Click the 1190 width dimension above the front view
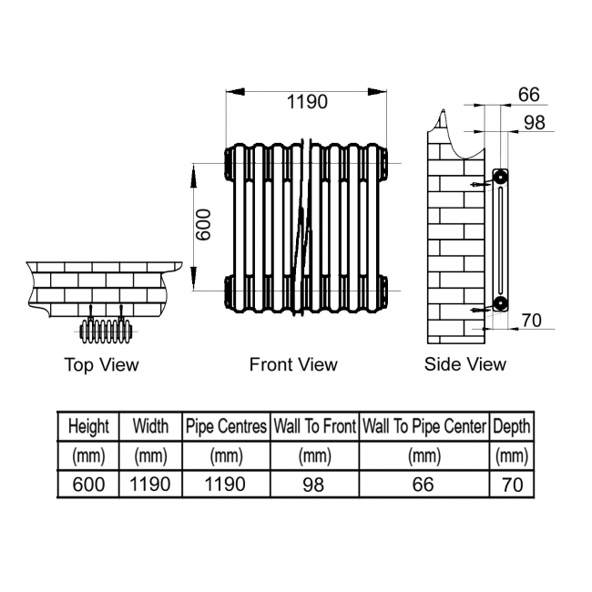point(307,102)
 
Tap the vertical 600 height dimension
point(203,225)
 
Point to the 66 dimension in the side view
point(528,95)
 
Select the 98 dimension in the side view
point(535,123)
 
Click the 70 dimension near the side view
point(532,321)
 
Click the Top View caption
point(101,364)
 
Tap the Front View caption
point(293,364)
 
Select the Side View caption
point(464,364)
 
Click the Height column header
point(88,426)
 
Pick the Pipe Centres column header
point(226,426)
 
